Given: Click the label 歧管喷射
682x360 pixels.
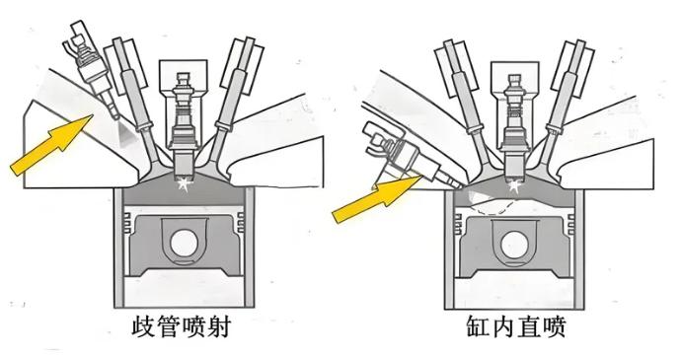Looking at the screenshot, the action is pos(181,327).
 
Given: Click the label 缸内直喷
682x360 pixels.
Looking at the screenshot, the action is pos(516,327).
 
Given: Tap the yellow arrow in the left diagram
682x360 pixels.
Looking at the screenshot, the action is pos(51,145).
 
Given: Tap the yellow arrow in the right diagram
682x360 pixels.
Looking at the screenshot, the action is pos(376,198).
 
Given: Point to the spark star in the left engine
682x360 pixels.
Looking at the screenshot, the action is pos(186,184).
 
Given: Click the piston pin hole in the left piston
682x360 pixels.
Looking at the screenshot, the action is pos(184,243).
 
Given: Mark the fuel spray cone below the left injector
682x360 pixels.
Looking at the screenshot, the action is pos(127,133).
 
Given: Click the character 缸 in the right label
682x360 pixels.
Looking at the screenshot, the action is pos(479,327).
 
